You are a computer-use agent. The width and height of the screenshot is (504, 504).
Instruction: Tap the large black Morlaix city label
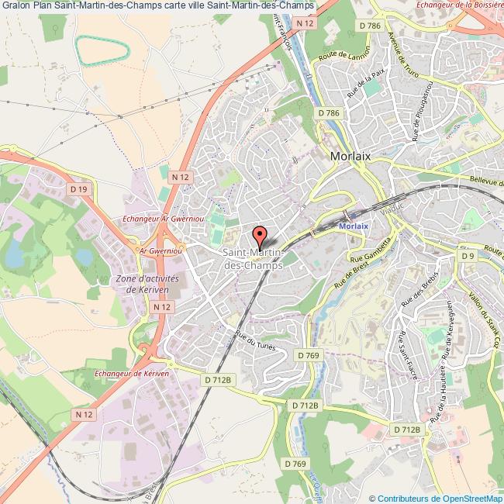(x=350, y=155)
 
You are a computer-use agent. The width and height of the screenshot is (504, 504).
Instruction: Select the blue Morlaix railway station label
(x=354, y=226)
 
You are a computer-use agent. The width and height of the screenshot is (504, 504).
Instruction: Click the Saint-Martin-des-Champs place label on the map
(x=254, y=259)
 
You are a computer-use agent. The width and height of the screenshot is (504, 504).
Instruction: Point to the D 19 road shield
(x=78, y=188)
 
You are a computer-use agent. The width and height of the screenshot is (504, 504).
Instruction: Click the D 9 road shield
(x=467, y=255)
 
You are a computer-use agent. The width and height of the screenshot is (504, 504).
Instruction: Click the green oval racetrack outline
(x=101, y=50)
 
